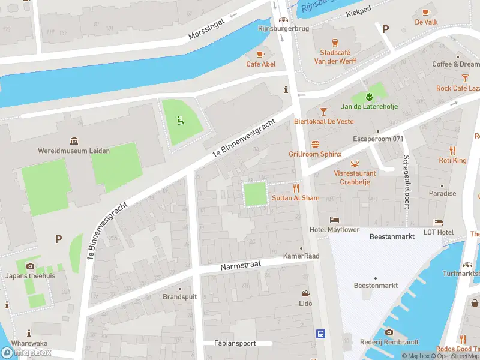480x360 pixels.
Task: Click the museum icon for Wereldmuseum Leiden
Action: point(74,141)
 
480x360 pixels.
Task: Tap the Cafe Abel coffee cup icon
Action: point(260,53)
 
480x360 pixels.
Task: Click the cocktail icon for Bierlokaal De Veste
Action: point(323,111)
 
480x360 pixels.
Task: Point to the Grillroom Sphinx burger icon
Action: point(315,144)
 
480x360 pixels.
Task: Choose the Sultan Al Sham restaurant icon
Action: point(295,188)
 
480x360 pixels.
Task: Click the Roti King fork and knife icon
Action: point(452,151)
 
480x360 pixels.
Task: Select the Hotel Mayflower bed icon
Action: point(334,220)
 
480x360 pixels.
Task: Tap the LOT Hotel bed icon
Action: point(438,223)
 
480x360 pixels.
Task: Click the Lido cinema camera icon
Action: point(306,294)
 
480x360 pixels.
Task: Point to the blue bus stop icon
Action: point(321,334)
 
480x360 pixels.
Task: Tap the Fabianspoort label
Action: point(235,343)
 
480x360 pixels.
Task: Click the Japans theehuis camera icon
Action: point(30,266)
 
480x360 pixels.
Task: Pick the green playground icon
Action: point(179,119)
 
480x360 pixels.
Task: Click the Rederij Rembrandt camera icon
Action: point(389,332)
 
